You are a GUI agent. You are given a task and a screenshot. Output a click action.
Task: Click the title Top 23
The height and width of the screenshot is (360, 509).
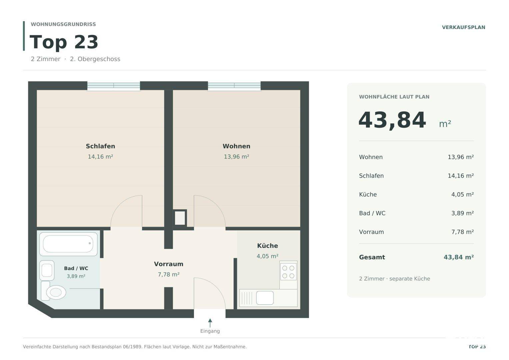[64, 42]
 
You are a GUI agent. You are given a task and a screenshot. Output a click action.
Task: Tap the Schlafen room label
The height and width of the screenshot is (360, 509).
[100, 146]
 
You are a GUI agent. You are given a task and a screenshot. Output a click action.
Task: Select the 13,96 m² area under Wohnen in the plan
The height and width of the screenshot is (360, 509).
[236, 157]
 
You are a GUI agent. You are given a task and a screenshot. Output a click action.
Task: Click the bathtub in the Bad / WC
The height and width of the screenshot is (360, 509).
[68, 244]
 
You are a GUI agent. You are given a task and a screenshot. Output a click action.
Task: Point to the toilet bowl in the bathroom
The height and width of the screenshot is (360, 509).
[56, 292]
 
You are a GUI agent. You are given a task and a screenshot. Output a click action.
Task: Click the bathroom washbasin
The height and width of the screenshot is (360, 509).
[47, 270]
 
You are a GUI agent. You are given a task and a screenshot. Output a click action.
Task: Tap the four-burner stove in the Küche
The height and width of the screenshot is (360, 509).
[288, 272]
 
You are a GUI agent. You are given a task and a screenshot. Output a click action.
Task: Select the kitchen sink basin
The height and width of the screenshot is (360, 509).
[265, 298]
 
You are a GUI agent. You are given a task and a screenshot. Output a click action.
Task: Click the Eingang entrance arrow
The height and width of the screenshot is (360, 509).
[210, 323]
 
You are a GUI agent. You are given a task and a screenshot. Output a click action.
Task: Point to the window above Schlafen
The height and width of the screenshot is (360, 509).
[114, 86]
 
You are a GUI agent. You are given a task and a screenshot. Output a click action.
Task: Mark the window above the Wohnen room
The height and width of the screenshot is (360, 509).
[234, 86]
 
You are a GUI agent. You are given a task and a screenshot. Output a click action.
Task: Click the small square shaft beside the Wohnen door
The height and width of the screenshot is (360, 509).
[180, 218]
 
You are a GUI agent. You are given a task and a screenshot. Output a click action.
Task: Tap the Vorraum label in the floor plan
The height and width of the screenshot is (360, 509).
[169, 264]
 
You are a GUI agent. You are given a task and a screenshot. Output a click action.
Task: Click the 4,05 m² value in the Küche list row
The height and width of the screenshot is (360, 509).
[462, 195]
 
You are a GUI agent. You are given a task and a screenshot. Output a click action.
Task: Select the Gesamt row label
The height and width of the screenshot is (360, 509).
[372, 257]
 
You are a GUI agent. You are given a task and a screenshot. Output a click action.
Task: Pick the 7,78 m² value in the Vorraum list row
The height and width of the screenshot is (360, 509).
[462, 232]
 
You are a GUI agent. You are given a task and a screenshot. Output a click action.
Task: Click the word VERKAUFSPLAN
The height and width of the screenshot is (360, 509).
[464, 27]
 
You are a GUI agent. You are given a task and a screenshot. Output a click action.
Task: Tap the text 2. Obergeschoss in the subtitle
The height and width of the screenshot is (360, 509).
[95, 59]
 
